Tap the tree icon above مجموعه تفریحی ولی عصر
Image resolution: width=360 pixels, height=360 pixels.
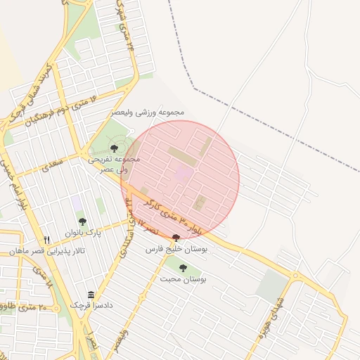(x=114, y=148)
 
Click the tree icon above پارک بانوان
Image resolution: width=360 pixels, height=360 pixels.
(x=83, y=221)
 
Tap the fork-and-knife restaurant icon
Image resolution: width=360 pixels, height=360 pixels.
(x=46, y=240)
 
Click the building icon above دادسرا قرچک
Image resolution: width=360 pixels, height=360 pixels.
(x=91, y=295)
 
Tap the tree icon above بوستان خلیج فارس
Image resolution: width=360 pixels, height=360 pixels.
(x=175, y=238)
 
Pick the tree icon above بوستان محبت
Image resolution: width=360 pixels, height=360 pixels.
(x=184, y=268)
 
